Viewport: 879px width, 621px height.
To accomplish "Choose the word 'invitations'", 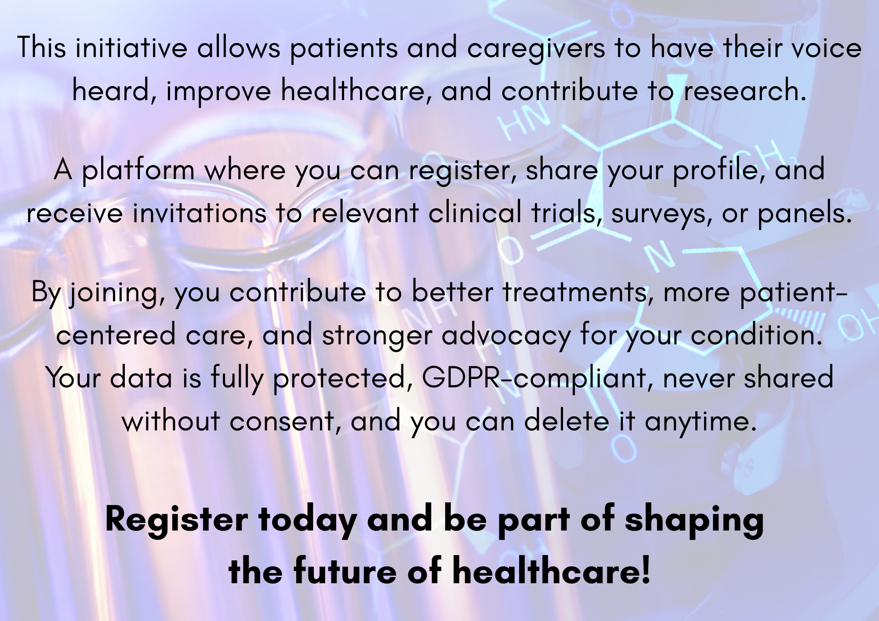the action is pyautogui.click(x=200, y=213).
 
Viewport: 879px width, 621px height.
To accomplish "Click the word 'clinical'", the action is pyautogui.click(x=475, y=213).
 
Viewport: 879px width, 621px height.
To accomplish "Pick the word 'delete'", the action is pyautogui.click(x=567, y=421).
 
